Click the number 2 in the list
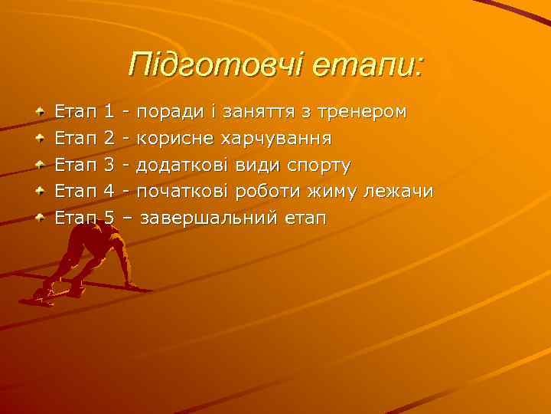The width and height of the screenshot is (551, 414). coord(108,139)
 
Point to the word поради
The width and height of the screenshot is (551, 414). coord(171,112)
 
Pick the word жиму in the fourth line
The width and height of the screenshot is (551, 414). coord(335,192)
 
